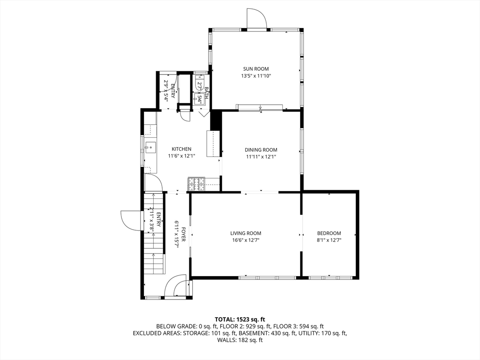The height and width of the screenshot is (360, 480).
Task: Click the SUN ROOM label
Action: click(256, 69)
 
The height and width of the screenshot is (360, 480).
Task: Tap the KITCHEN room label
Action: click(181, 149)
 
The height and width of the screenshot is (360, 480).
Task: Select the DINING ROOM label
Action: click(261, 150)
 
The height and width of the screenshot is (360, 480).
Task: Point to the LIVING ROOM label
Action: click(246, 233)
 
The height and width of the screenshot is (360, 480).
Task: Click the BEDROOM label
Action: click(329, 233)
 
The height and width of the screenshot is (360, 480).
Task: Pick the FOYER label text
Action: click(183, 234)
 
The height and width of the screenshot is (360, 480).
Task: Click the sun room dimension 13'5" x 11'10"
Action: click(256, 76)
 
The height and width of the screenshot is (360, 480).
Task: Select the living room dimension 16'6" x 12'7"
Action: click(246, 240)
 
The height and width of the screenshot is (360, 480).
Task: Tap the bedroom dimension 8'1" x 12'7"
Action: click(329, 240)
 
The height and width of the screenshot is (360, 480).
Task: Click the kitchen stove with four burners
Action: click(196, 184)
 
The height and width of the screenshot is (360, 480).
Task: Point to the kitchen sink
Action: click(150, 148)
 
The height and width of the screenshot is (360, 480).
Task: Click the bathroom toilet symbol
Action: click(198, 82)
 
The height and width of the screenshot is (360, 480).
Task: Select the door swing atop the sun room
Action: click(257, 18)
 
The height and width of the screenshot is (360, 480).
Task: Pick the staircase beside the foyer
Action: click(154, 234)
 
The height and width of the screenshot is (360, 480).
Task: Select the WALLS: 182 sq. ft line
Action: click(240, 340)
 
